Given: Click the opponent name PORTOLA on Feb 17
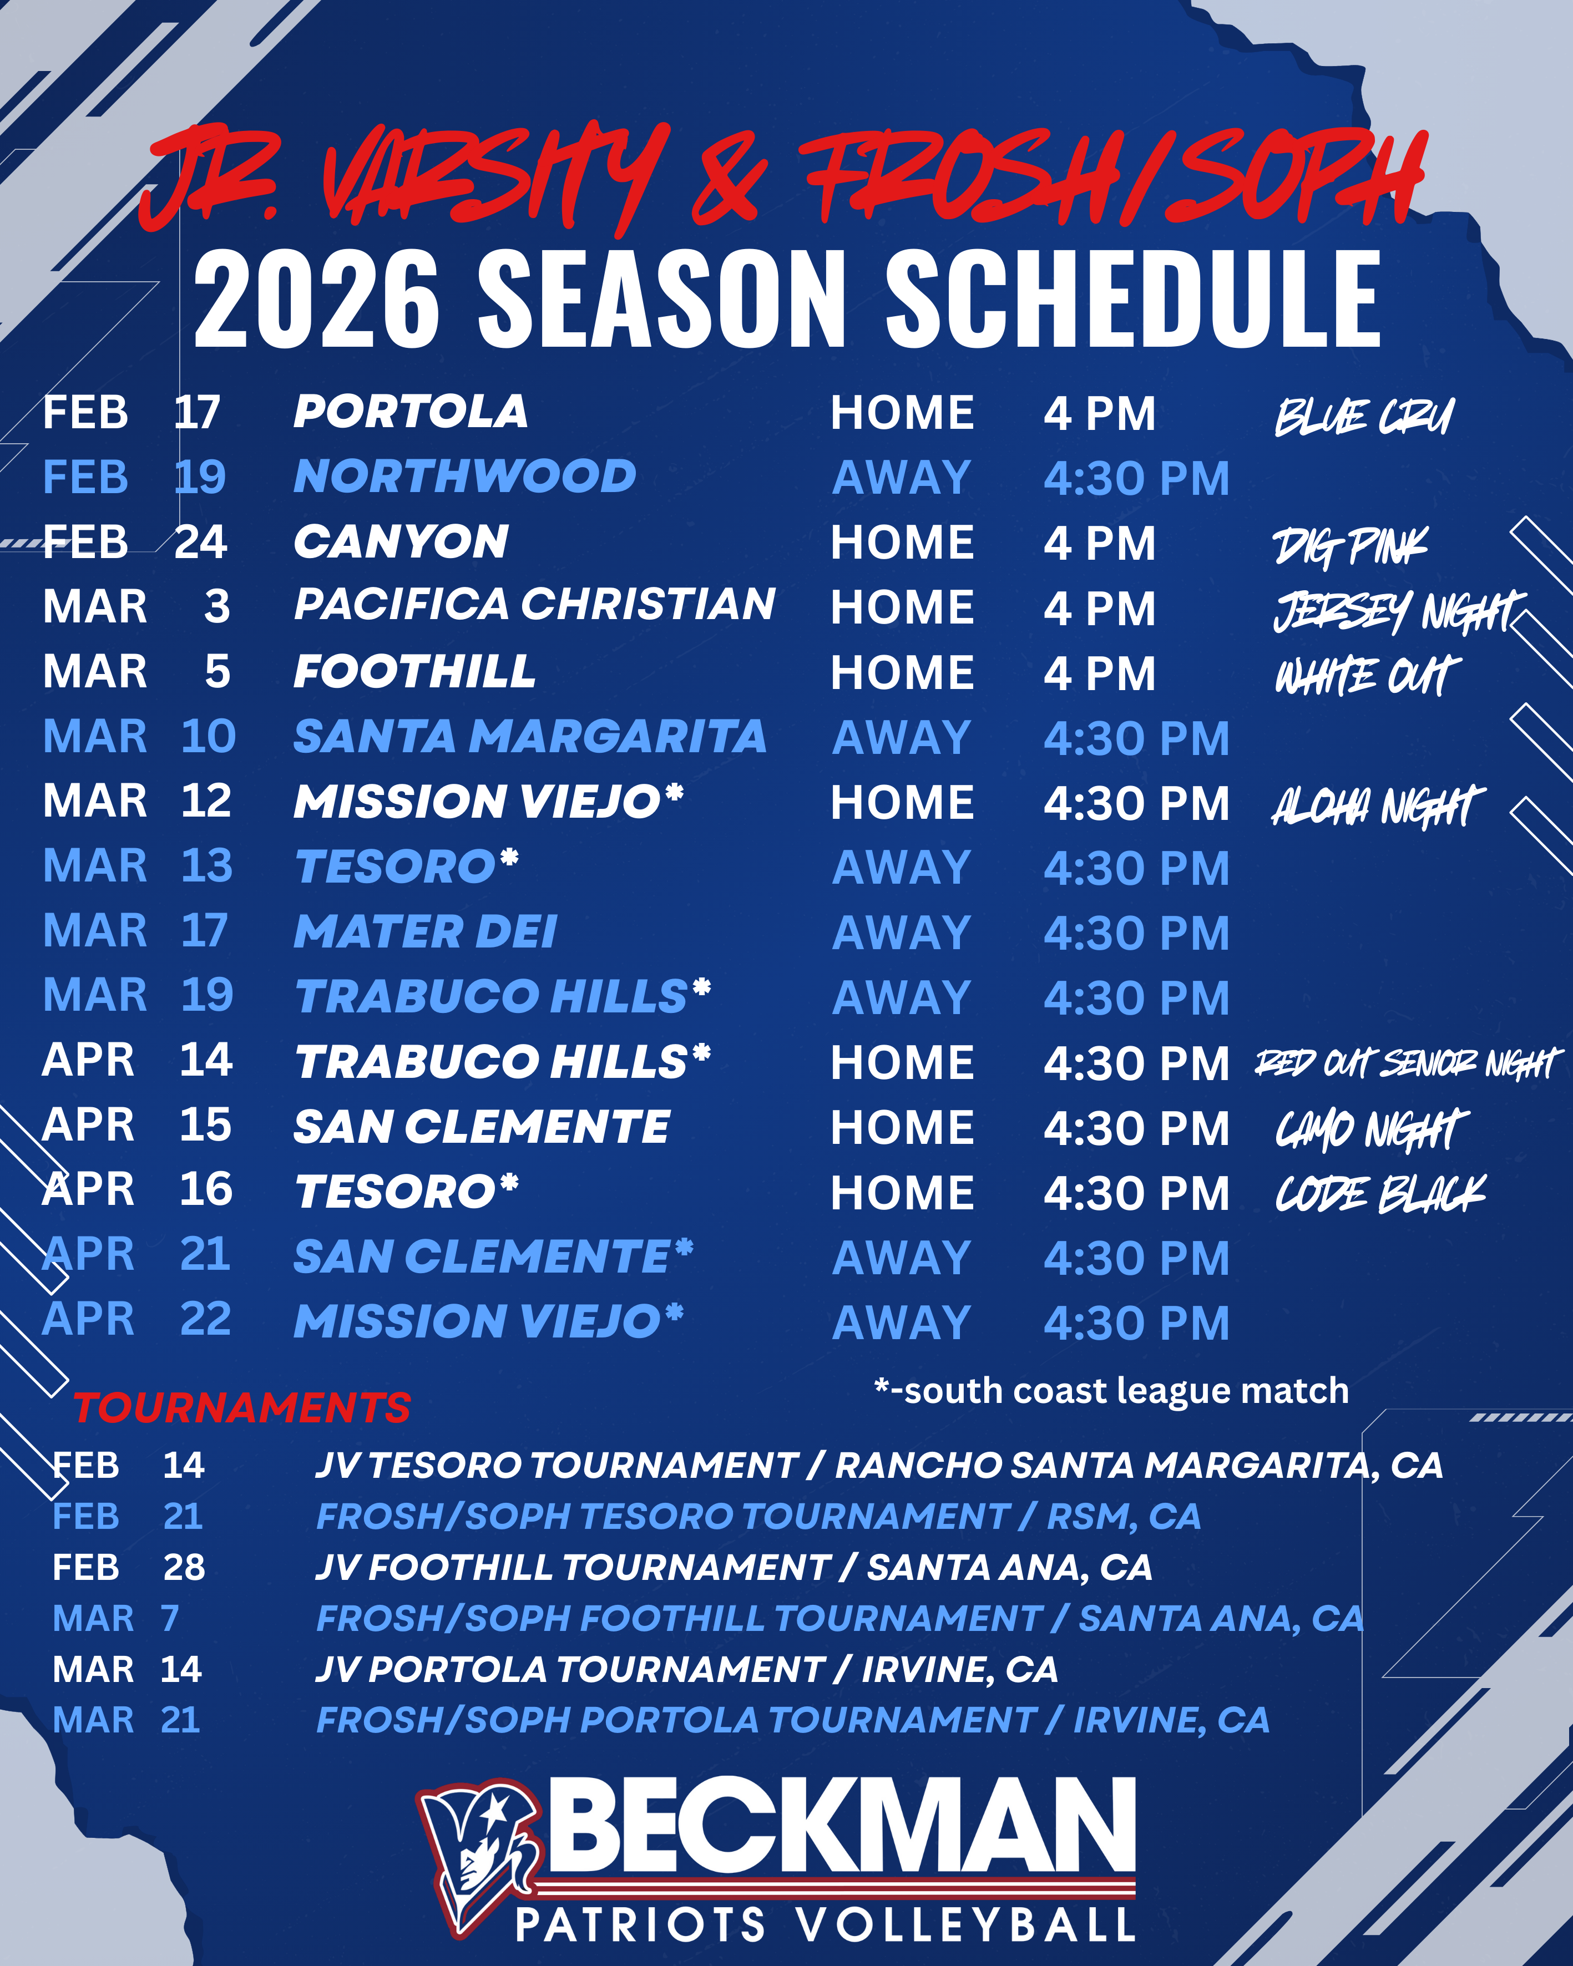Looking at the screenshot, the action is point(411,412).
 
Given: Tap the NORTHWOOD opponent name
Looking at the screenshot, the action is point(465,477).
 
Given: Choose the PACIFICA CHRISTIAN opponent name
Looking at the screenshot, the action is point(534,605).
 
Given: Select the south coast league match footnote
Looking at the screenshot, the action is point(1111,1391).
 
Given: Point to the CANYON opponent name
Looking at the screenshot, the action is point(401,541).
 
